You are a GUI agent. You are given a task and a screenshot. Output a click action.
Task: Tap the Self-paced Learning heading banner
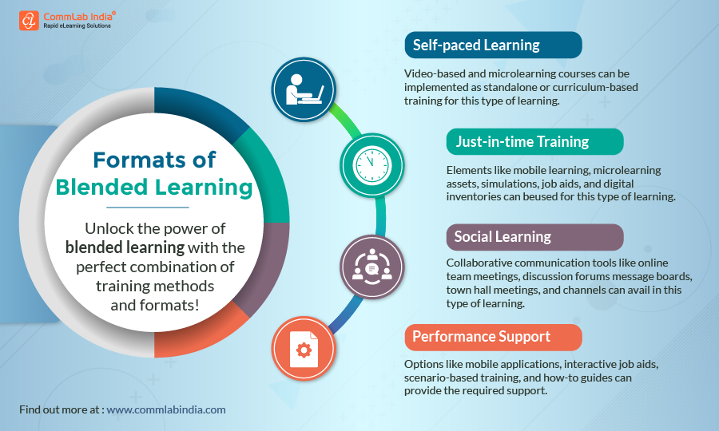[492, 45]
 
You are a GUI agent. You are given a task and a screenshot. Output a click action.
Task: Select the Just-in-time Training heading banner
[534, 142]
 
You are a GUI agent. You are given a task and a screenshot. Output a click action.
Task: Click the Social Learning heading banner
[534, 236]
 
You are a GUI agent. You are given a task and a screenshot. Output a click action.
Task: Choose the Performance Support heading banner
[491, 337]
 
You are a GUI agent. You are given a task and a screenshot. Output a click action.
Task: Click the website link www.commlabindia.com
[166, 409]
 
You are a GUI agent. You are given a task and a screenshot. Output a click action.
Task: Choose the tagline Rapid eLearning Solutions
[77, 26]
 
